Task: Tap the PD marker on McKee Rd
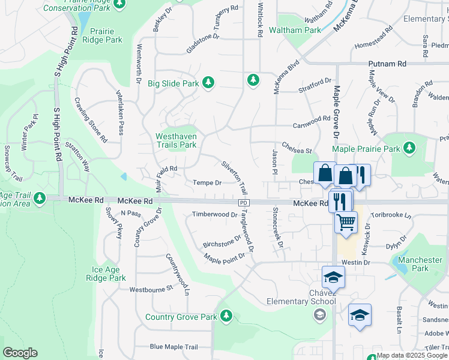[x=243, y=203]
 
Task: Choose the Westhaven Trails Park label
[x=176, y=140]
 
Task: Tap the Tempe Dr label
[x=207, y=182]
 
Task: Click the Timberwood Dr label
[x=214, y=214]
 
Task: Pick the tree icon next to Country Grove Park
[x=226, y=316]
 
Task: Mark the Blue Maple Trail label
[x=173, y=347]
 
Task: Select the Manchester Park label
[x=428, y=264]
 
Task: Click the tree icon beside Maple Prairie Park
[x=409, y=148]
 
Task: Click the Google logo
[x=20, y=353]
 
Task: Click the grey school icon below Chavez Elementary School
[x=321, y=314]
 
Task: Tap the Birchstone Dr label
[x=221, y=241]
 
